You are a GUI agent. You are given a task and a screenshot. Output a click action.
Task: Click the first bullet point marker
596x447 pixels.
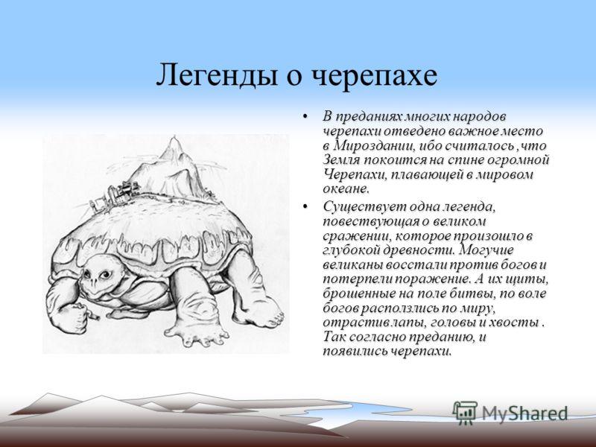coord(305,116)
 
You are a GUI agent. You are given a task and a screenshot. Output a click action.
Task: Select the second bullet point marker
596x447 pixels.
coord(305,206)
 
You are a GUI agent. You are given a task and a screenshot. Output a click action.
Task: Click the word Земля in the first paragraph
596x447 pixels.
coord(341,160)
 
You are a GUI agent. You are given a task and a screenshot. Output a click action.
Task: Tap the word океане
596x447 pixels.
coord(346,189)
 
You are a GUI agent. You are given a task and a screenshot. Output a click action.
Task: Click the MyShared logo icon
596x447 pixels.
coord(465,413)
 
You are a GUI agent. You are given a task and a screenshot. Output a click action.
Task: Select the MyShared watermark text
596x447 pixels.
coord(524,413)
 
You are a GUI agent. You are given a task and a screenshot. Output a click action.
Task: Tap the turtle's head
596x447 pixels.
coord(99,276)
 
